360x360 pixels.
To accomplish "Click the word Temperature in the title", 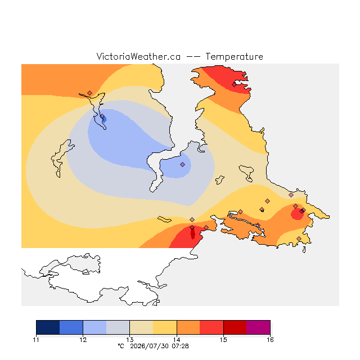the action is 234,57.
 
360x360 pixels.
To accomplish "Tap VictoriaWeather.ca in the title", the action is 138,57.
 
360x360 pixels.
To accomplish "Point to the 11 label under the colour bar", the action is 36,340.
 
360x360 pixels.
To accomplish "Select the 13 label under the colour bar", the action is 130,340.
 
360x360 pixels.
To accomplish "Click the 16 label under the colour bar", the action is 270,340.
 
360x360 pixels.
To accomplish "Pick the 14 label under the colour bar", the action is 177,340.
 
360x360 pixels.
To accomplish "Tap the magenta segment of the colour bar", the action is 258,327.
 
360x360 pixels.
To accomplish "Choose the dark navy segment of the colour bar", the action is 48,327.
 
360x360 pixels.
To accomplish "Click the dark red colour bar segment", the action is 235,327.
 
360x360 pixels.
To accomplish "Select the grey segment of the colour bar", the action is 118,327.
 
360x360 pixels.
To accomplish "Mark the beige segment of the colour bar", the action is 141,327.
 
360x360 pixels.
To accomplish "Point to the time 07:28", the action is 180,346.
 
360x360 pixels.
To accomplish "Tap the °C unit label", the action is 121,346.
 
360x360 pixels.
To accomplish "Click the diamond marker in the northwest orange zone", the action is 90,93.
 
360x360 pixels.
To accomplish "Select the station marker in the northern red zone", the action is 234,85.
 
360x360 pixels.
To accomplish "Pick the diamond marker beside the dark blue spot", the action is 102,116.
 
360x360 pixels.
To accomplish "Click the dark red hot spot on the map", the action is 193,234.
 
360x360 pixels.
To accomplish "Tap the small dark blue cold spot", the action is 105,119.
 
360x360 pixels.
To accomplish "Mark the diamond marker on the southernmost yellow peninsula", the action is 299,238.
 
